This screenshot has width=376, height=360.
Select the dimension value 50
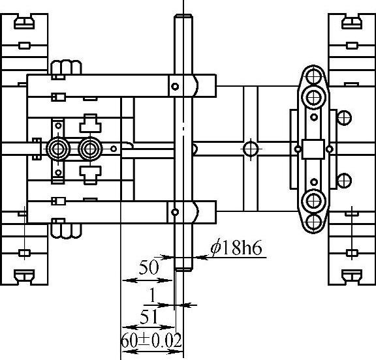(x=149, y=267)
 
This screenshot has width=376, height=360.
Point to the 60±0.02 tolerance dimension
(x=151, y=340)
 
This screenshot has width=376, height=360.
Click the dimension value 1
(x=153, y=295)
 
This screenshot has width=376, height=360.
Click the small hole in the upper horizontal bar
(x=175, y=86)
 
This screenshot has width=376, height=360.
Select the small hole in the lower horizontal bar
(x=175, y=212)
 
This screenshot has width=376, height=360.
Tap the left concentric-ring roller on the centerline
(x=58, y=149)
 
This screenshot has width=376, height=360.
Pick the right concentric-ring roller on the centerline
(x=90, y=149)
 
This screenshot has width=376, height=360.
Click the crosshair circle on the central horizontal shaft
(x=251, y=149)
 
